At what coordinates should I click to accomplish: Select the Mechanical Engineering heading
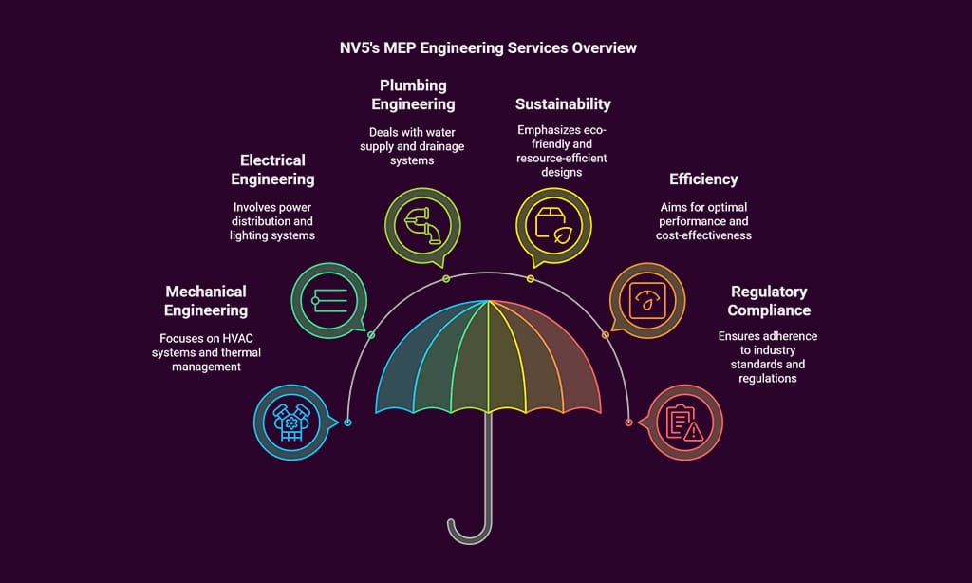tap(205, 301)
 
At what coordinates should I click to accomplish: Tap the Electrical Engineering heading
tap(272, 170)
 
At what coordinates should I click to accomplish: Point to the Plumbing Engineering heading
tap(413, 95)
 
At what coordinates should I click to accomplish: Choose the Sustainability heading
tap(563, 103)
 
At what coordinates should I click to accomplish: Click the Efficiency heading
tap(703, 179)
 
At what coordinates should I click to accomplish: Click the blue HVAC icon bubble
tap(290, 422)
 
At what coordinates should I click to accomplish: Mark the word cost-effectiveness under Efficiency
tap(703, 235)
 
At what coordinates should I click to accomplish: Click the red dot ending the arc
tap(628, 423)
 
